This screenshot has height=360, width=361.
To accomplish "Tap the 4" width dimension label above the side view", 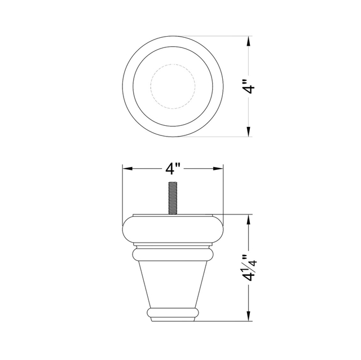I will click(173, 169).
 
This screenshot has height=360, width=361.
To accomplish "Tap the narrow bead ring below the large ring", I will click(173, 253).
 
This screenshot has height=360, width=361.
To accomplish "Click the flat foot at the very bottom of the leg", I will click(173, 319).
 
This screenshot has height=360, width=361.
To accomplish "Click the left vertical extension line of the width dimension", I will click(123, 192).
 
